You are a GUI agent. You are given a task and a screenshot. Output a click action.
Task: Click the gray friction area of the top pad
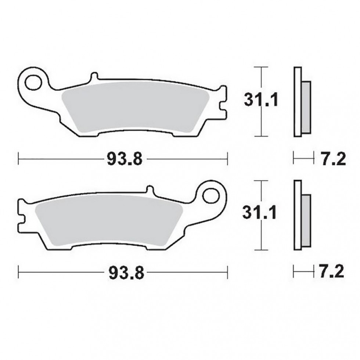[136, 108]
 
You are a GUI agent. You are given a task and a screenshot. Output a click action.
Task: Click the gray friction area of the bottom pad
[110, 222]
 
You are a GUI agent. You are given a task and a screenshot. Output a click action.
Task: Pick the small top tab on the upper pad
[94, 77]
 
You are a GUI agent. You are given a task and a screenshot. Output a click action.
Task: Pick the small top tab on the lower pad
[150, 190]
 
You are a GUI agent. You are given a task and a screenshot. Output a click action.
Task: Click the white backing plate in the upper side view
[297, 101]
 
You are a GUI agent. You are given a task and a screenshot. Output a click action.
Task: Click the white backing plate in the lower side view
[297, 215]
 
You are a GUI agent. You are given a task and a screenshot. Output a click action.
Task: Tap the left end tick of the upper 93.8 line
[18, 159]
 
